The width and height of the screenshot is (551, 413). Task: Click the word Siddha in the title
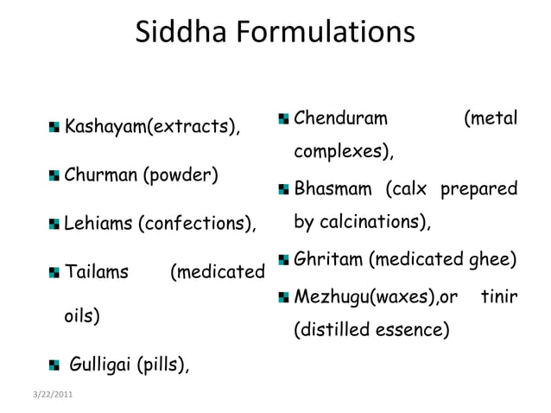tap(180, 34)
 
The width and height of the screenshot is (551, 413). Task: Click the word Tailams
tap(97, 273)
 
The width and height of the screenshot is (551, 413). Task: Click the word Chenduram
tap(341, 117)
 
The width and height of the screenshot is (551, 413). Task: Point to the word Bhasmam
tap(334, 187)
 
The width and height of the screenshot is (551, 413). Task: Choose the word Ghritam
tap(328, 259)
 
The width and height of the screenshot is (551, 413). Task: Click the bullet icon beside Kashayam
tap(56, 129)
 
